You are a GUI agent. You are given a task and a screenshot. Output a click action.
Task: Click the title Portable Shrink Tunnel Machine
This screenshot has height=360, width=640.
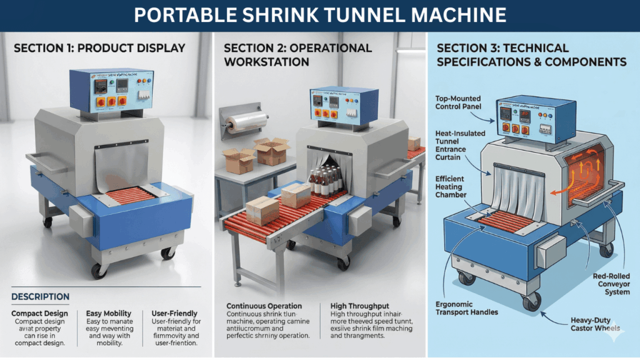pos(320,14)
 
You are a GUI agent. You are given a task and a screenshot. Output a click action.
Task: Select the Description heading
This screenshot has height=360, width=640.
pos(41,296)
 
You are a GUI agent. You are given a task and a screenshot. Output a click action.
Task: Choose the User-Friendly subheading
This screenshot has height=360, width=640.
pos(174,313)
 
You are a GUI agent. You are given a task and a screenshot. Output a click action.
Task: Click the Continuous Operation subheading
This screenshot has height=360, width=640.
pos(264,306)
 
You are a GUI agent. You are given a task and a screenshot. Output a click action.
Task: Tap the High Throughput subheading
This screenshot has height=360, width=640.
pos(359,306)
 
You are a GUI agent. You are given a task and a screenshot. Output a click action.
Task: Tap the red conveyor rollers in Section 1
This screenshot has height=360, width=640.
pos(130,195)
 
